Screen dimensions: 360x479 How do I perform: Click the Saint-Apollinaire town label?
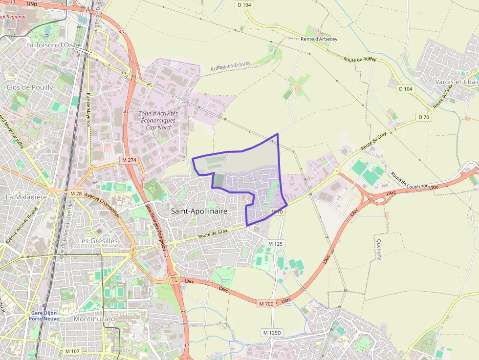click(x=199, y=211)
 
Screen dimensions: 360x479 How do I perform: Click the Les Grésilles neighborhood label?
click(x=98, y=241)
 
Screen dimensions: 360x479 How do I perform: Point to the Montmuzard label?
click(x=94, y=319)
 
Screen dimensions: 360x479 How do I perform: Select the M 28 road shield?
click(x=76, y=194)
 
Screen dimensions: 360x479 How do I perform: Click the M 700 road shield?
click(x=266, y=304)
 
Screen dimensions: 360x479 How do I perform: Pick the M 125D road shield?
click(x=273, y=333)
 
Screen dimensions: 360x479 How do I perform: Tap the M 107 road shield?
click(x=72, y=351)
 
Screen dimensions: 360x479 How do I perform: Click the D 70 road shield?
click(x=424, y=117)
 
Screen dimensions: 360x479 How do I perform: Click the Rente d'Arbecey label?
click(x=319, y=39)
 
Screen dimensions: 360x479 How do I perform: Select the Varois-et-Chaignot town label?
click(x=457, y=82)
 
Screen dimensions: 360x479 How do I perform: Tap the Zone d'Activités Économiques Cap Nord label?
click(x=158, y=120)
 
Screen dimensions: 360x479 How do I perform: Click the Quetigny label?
click(x=379, y=250)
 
